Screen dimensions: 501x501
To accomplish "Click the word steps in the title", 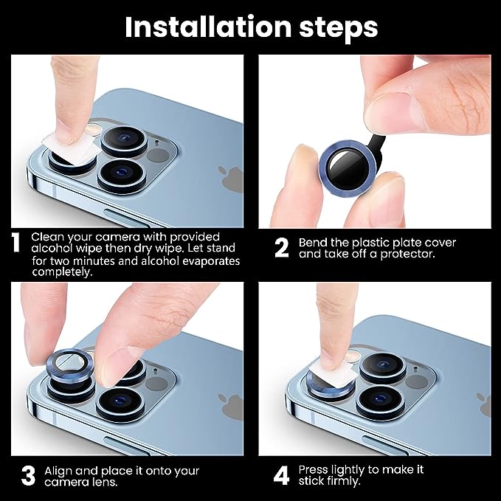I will [x=335, y=28].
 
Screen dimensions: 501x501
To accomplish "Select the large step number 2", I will [x=281, y=246].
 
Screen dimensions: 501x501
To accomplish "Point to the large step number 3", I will [x=27, y=474].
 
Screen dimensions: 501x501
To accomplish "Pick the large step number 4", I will [x=281, y=474].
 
